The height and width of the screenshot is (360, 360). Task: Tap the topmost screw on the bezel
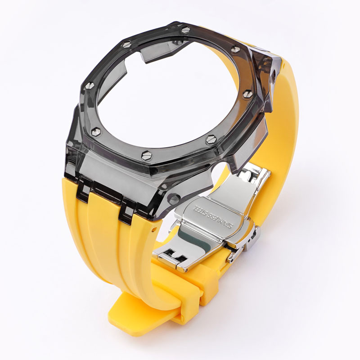click(x=186, y=30)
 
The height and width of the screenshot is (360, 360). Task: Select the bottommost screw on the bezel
click(x=147, y=156)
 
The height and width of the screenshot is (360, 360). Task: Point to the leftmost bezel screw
click(x=90, y=85)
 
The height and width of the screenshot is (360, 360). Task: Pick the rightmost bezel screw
click(x=247, y=94)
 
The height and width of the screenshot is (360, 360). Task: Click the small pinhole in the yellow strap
click(x=153, y=229)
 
